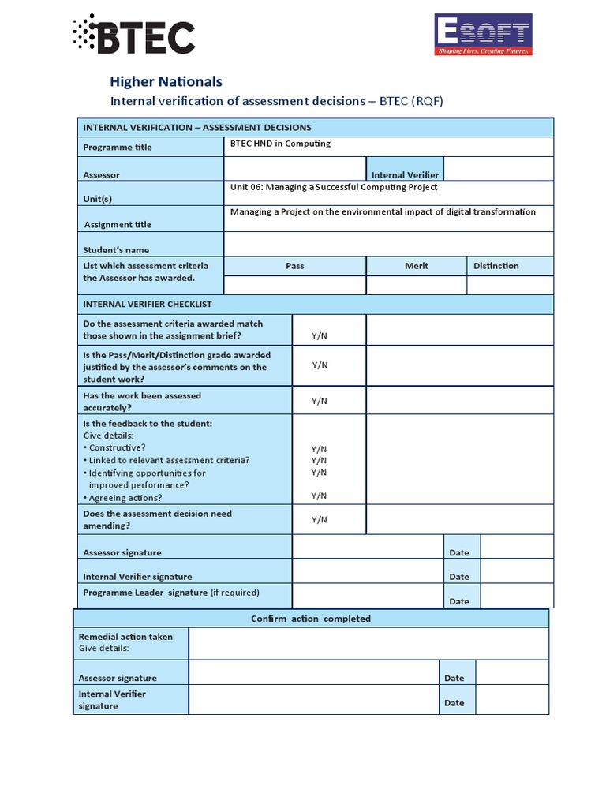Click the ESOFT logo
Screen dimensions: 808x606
[483, 35]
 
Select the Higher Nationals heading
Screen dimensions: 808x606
[166, 81]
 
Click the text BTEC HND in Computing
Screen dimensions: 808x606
[280, 144]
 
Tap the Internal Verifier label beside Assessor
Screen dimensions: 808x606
[405, 174]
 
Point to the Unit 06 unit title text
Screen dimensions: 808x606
[333, 187]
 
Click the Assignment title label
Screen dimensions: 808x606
[118, 224]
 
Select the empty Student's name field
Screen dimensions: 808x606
[388, 245]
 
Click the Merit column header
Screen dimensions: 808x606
[416, 266]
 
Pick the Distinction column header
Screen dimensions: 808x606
[496, 266]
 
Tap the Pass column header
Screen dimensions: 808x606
[294, 266]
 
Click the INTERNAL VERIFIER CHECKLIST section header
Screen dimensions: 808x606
[147, 304]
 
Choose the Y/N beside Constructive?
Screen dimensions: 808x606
[319, 448]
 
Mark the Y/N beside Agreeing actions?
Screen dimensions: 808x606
[319, 496]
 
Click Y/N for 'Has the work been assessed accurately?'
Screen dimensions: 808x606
[319, 401]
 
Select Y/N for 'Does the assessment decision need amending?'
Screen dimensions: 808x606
[319, 519]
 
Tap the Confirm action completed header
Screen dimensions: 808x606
[310, 619]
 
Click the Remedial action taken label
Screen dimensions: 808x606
[125, 637]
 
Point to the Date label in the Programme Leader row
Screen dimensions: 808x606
[459, 601]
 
